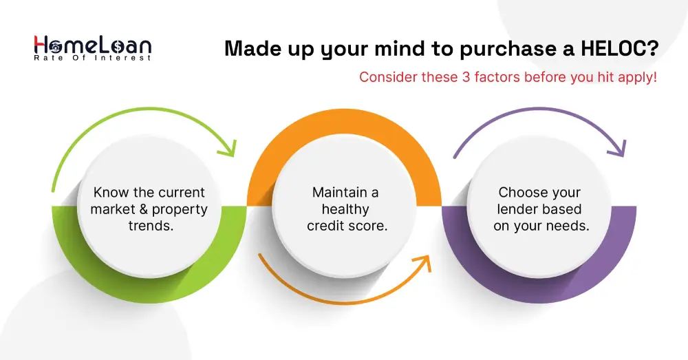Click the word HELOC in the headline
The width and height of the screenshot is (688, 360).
point(620,48)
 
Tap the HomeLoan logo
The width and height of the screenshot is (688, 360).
point(93,47)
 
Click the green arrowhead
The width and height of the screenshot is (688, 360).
point(228,149)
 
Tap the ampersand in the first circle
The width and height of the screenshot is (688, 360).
point(144,209)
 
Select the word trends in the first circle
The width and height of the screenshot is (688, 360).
point(151,226)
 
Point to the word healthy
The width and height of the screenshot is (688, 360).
point(345,209)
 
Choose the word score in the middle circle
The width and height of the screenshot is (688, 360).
point(367,226)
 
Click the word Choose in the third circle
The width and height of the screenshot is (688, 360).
point(521,192)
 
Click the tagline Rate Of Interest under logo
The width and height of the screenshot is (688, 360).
point(93,58)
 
